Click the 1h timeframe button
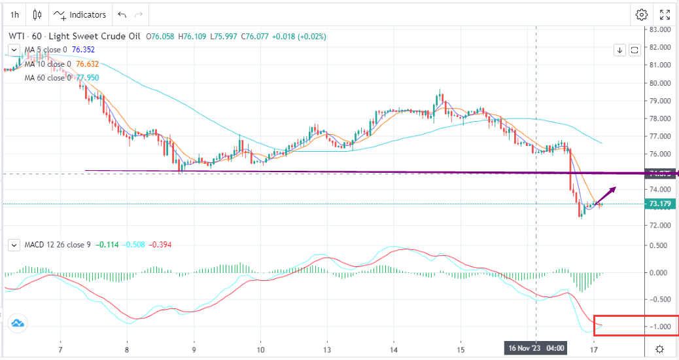14,14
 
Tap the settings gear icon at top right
642,14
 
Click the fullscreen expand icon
665,14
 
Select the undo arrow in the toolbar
122,14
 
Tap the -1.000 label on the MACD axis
659,327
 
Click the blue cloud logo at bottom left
17,323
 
